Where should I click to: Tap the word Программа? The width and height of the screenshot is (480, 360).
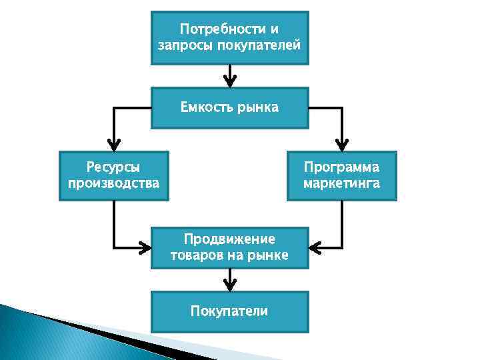point(341,167)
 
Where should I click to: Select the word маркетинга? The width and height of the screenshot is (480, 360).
point(341,183)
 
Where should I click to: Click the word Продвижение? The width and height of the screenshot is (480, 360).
point(229,239)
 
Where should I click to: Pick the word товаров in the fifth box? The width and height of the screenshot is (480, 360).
point(193,255)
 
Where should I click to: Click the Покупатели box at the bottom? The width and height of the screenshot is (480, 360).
point(229,311)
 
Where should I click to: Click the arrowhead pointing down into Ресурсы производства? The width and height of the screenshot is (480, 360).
point(114,145)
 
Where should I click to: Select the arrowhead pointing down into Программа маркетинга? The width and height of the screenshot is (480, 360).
point(341,145)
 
